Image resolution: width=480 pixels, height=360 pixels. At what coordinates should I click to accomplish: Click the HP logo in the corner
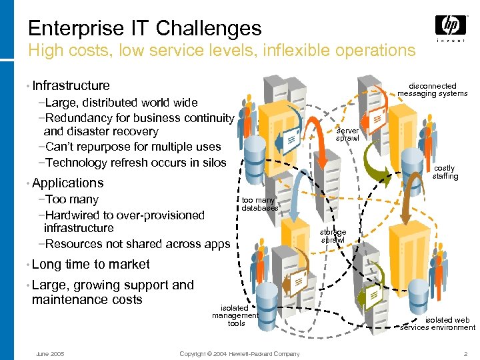(451, 27)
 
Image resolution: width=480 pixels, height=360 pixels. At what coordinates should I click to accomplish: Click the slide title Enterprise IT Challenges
(145, 28)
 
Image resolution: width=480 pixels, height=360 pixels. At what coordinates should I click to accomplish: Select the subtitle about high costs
(221, 50)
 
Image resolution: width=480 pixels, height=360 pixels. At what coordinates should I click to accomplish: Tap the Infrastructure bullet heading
(71, 85)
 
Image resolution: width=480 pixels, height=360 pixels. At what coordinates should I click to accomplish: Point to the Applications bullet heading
(67, 183)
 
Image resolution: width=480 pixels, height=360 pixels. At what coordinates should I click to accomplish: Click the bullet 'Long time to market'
(91, 264)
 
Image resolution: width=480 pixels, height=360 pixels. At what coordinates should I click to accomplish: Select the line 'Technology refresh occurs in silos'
(133, 163)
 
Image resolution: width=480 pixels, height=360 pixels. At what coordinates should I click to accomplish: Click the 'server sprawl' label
(347, 134)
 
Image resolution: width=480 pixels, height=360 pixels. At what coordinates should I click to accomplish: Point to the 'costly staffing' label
(445, 173)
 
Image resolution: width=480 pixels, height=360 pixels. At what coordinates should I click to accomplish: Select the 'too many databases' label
(259, 203)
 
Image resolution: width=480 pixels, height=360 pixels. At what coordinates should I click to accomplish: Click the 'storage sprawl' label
(333, 236)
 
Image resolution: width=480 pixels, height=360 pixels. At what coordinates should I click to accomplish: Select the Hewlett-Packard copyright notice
(240, 353)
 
